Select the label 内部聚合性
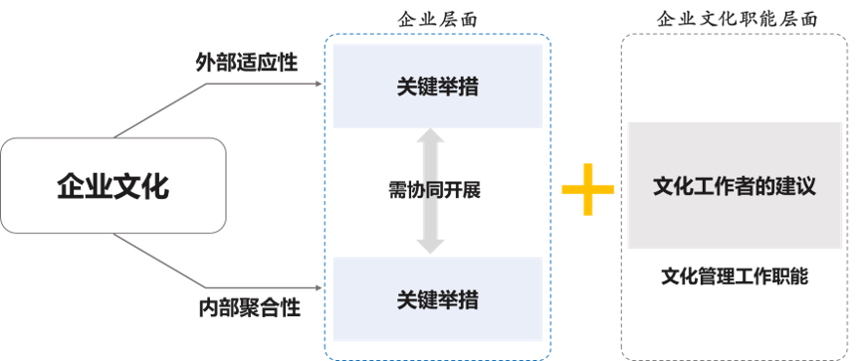(249, 308)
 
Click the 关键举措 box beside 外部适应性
(436, 86)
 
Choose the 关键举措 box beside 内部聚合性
(436, 298)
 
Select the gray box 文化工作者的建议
(735, 186)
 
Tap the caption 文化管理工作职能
(735, 275)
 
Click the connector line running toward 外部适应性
(159, 109)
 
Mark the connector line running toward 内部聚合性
(159, 261)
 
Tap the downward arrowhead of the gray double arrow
(431, 243)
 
